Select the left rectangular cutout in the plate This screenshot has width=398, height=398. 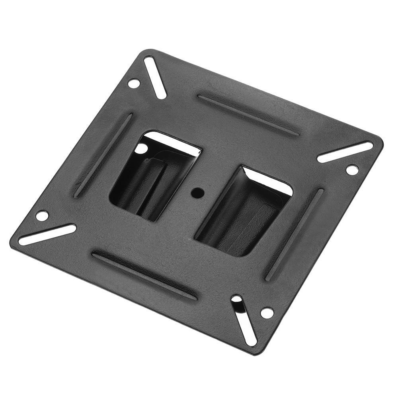click(x=153, y=175)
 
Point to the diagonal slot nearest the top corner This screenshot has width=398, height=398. click(x=155, y=78)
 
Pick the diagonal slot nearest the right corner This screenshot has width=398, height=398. click(x=345, y=152)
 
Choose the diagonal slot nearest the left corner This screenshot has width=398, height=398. click(x=47, y=235)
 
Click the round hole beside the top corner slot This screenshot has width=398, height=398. click(x=134, y=84)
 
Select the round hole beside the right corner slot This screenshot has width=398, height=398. click(x=352, y=170)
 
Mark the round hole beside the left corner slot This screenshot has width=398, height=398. click(x=42, y=216)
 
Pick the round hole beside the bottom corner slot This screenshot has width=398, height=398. click(x=267, y=312)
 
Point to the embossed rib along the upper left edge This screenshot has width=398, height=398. click(x=103, y=155)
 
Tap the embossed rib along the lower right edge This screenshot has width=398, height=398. click(x=295, y=234)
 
